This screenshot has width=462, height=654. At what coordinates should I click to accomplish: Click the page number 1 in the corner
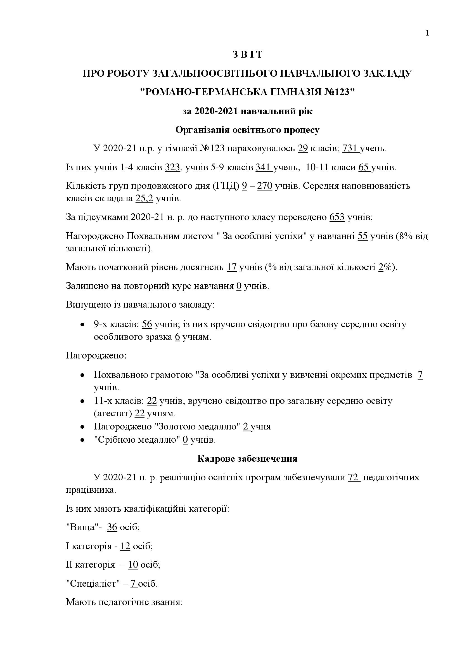click(427, 34)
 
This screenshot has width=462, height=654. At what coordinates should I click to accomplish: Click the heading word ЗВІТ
click(247, 55)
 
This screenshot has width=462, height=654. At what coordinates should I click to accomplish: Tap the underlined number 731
click(350, 149)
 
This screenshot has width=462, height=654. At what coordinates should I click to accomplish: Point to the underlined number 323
click(172, 167)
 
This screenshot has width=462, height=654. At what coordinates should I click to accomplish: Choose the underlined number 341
click(263, 167)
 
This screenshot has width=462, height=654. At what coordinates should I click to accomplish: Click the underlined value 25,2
click(144, 199)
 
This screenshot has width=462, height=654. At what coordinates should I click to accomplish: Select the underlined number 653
click(337, 217)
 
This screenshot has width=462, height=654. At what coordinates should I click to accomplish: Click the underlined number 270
click(265, 186)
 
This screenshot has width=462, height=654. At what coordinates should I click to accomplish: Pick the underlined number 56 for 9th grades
click(147, 324)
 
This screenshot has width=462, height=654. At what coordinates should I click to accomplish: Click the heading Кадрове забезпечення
click(247, 459)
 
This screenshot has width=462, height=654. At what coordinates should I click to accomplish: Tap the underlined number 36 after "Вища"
click(112, 527)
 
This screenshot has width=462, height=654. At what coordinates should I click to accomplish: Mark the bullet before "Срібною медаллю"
click(82, 440)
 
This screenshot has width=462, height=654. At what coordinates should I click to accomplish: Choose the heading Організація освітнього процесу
click(247, 130)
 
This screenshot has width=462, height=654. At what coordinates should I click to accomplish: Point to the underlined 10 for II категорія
click(133, 565)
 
